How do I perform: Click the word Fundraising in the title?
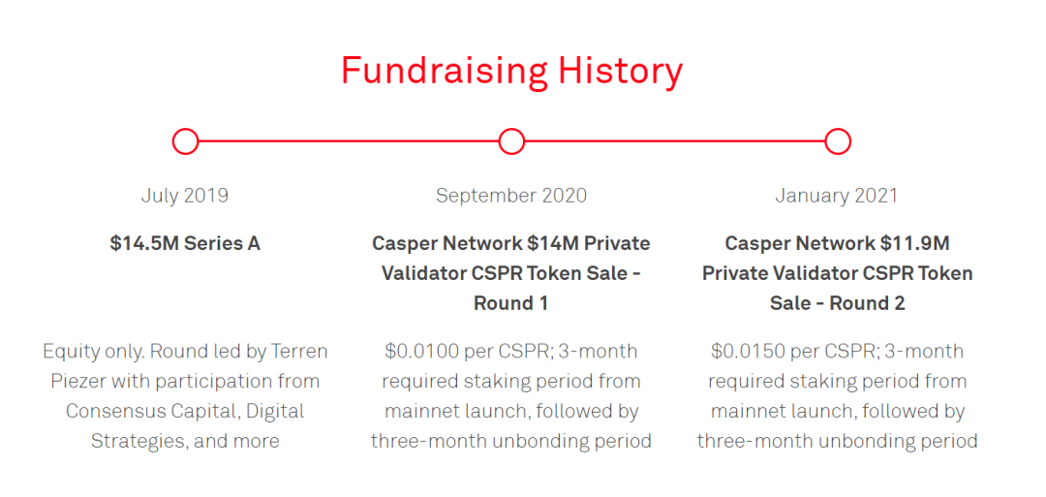point(445,71)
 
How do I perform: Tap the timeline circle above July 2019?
point(185,141)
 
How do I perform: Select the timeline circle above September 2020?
point(511,141)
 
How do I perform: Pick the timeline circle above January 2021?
point(837,141)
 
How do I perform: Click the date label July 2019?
point(185,196)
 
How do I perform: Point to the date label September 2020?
point(511,196)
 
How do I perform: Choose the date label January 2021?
point(837,196)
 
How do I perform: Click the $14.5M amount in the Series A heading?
point(144,243)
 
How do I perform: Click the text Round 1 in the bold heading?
point(511,303)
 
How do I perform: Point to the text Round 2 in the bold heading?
point(867,303)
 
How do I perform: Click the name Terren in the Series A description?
point(298,351)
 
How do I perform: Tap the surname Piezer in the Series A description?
point(79,382)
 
